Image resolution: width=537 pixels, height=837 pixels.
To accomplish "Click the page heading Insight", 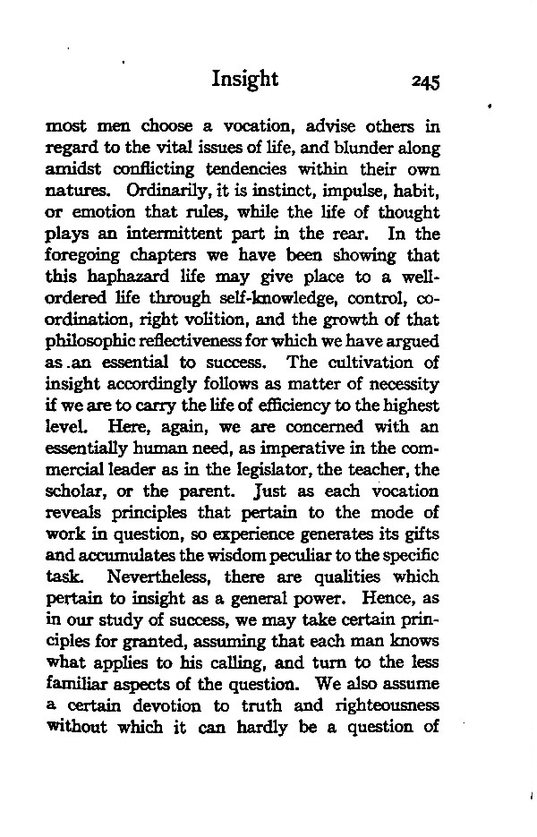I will click(245, 80).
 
